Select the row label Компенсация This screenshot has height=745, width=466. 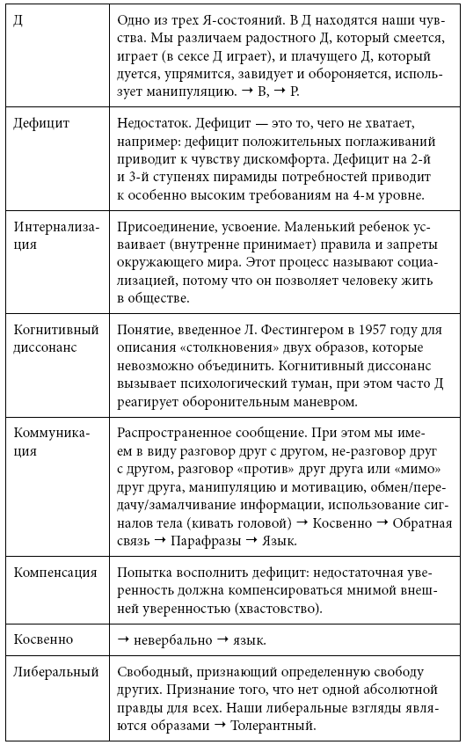click(55, 573)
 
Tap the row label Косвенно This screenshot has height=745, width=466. click(43, 639)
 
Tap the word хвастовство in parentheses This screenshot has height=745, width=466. click(249, 610)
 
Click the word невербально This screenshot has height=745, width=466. click(172, 639)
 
